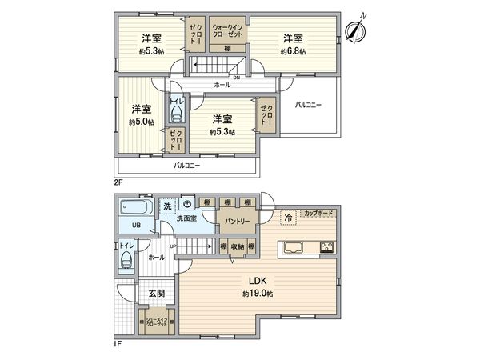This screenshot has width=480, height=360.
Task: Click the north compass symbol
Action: coord(357,27)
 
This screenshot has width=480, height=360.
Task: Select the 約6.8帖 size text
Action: coord(292,51)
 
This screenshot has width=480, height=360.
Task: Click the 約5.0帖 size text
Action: coord(142,122)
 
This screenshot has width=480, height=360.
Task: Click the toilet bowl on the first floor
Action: coord(125,259)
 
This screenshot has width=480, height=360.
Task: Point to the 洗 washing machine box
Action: coord(167,206)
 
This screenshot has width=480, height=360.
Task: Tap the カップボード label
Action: coord(319,213)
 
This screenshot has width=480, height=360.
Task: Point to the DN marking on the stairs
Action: coord(236,78)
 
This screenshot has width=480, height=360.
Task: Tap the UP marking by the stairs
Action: coord(173,246)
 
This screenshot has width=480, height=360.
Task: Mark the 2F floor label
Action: coord(118,182)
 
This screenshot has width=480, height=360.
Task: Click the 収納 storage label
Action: coord(238,247)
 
